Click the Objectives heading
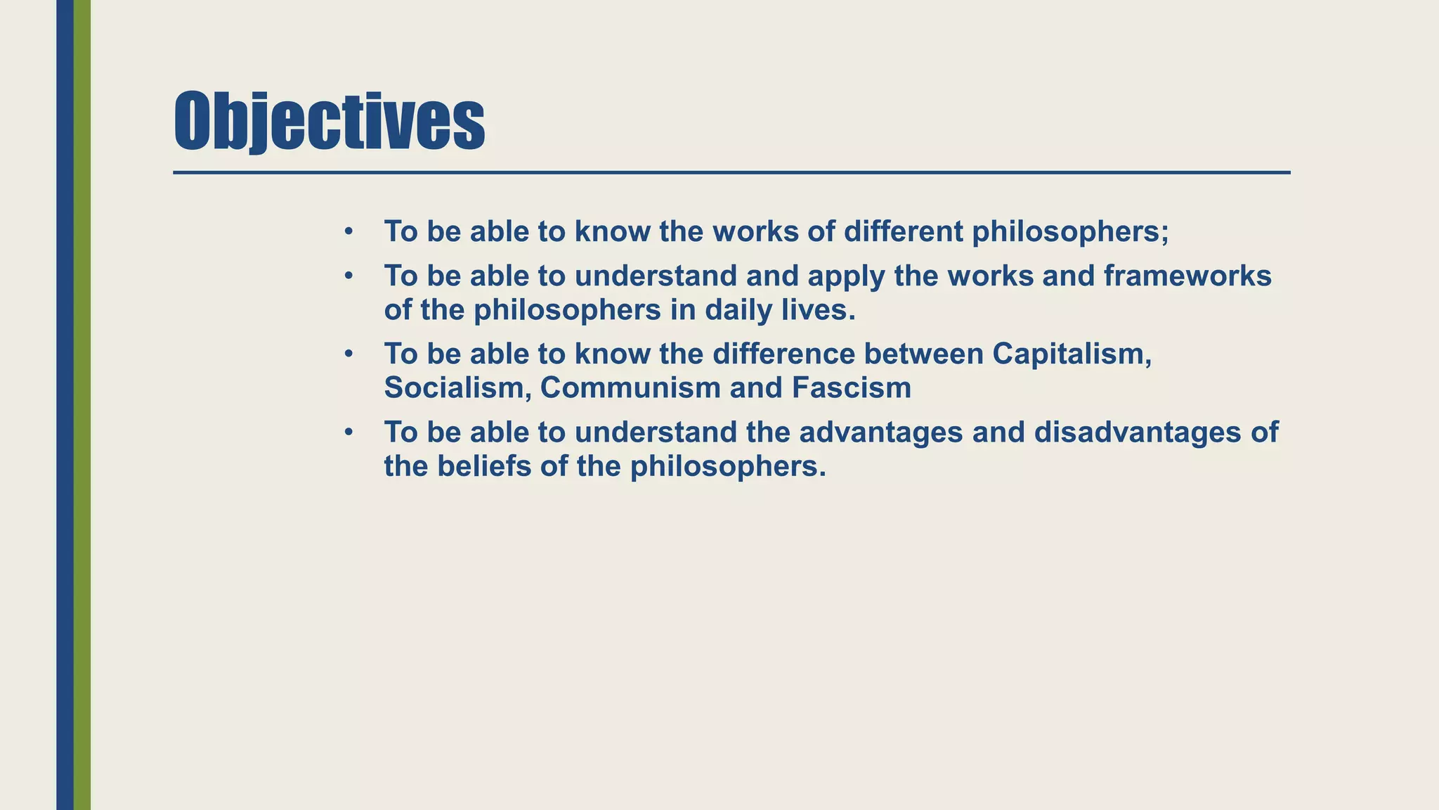point(329,121)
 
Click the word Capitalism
point(1072,354)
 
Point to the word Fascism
point(852,388)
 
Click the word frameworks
point(1187,276)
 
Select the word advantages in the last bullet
point(881,432)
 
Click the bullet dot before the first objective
point(349,231)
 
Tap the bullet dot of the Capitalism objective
point(349,354)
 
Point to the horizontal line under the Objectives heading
point(731,172)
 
